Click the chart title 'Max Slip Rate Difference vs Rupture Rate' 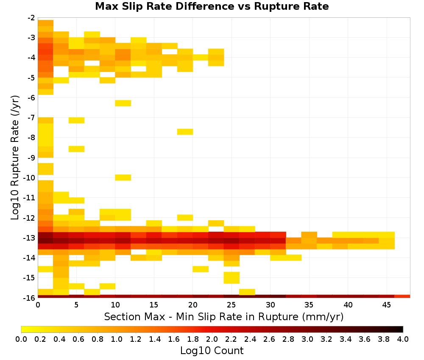tap(212, 6)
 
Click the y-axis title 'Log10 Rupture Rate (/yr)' tap(15, 158)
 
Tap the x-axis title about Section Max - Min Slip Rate tap(223, 316)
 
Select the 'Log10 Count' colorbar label tap(212, 351)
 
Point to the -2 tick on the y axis tap(31, 18)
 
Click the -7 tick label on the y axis tap(31, 118)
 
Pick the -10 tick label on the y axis tap(29, 178)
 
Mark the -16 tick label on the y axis tap(29, 298)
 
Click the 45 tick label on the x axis tap(387, 305)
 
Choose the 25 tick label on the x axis tap(232, 305)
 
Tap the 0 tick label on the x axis tap(38, 305)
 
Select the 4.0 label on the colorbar tap(403, 339)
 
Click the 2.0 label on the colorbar tap(212, 339)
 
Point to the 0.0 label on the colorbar tap(21, 339)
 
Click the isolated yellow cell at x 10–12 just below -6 tap(123, 103)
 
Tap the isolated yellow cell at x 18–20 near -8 tap(185, 132)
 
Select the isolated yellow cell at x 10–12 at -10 tap(123, 177)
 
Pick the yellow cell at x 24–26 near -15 tap(232, 278)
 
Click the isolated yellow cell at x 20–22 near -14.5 tap(201, 269)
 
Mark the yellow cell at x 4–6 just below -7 tap(76, 120)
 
